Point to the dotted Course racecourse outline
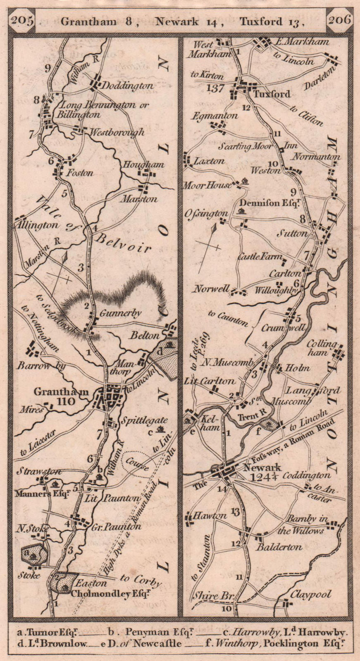point(138,465)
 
